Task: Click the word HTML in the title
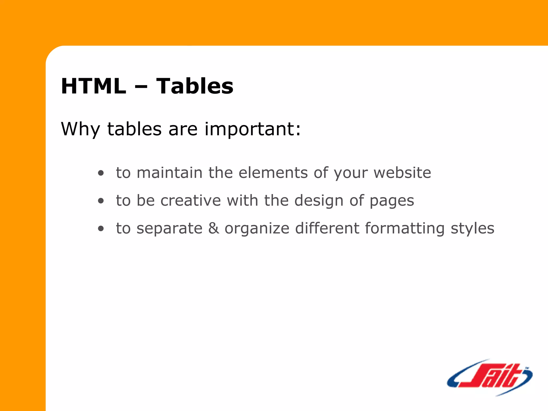(93, 86)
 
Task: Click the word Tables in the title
(195, 86)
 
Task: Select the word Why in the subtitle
(80, 129)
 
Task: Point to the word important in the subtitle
(253, 129)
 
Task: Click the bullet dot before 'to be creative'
(101, 201)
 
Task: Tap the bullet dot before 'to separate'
(101, 229)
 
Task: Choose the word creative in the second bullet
(191, 200)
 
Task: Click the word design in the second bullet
(319, 201)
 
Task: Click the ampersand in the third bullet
(214, 228)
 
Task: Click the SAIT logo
(490, 377)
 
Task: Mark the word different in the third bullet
(327, 228)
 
